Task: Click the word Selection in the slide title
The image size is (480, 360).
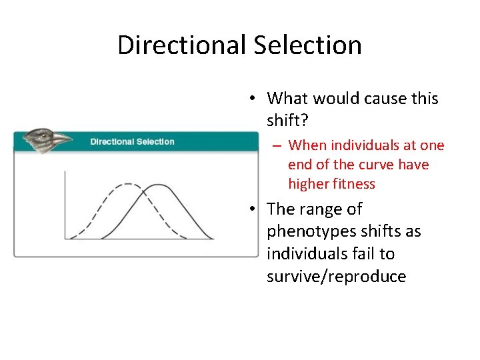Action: tap(307, 45)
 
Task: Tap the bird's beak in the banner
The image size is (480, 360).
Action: tap(62, 139)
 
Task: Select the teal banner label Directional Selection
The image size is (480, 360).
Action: tap(132, 141)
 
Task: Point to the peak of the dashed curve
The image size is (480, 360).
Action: tap(123, 185)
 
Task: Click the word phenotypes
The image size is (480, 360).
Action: tap(311, 231)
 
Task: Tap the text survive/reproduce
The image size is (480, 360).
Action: tap(336, 277)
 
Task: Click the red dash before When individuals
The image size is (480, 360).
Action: tap(275, 146)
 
